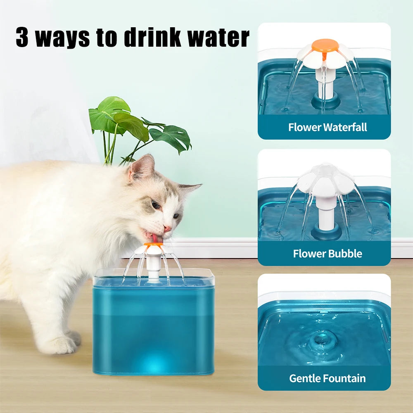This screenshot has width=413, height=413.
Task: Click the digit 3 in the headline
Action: coord(23,38)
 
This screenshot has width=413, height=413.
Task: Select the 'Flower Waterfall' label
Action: coord(327,127)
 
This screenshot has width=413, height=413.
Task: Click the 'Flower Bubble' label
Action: coord(327,253)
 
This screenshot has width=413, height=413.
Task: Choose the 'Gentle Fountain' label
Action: coord(327,378)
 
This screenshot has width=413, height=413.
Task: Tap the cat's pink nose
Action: coord(167,228)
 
